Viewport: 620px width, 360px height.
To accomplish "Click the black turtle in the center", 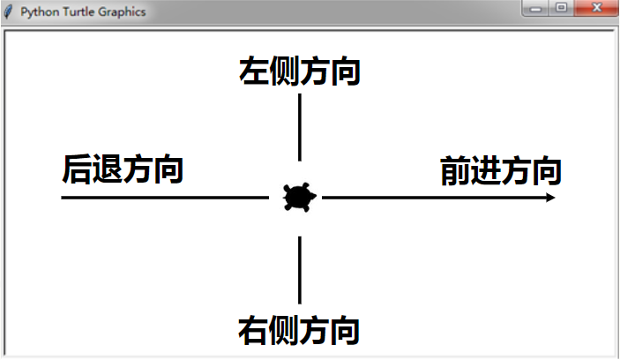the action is (299, 197).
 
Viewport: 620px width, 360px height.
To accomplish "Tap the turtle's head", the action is (313, 196).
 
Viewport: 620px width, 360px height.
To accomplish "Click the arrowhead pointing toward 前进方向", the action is (550, 198).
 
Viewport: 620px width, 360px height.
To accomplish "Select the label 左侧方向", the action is (299, 71).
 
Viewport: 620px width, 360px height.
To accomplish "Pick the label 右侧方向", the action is (299, 330).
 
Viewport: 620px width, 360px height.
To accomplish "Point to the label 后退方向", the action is (123, 169).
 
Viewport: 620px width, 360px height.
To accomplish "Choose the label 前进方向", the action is (501, 170).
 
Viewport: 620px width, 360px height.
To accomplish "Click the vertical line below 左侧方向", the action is (300, 127).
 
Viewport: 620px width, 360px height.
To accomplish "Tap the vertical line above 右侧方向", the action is (300, 270).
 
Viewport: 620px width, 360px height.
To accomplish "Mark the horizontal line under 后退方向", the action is (165, 198).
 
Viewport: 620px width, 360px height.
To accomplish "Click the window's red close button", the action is (596, 8).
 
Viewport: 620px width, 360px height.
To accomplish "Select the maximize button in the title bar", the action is (561, 8).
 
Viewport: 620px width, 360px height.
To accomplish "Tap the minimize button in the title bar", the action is (536, 8).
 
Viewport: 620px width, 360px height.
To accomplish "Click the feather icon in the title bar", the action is (8, 11).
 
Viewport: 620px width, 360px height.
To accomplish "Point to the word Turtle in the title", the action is (78, 11).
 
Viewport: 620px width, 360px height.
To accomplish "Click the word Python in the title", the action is (40, 12).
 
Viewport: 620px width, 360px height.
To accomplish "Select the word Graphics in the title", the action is (122, 12).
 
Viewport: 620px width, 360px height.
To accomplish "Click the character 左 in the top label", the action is (254, 71).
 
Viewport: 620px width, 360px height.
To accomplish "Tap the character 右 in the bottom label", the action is (253, 330).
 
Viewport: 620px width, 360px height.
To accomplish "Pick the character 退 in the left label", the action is (108, 169).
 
